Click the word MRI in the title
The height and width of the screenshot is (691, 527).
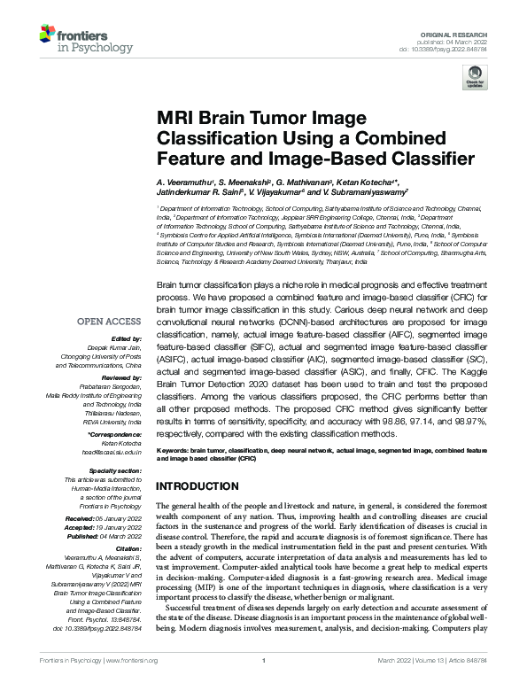pos(177,119)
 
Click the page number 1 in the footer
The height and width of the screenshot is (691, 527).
pos(264,684)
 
